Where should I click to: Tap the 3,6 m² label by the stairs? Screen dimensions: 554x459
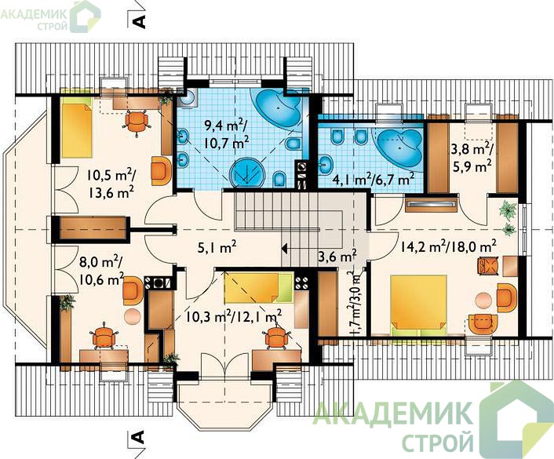pos(337,257)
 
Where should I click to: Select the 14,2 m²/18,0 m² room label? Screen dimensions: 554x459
pos(449,246)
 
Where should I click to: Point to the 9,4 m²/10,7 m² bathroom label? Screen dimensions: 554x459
pos(227,135)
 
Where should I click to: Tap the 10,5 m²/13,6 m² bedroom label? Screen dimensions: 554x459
pos(111,184)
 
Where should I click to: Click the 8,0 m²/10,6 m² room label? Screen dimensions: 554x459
pos(101,271)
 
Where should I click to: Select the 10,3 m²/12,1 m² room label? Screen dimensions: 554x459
pos(234,317)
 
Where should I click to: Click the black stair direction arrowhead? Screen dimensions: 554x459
pos(284,249)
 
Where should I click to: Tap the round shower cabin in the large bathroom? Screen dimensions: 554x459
pos(247,173)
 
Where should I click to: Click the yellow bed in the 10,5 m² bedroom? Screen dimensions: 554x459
pos(76,127)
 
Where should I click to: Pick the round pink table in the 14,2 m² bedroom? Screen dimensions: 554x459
pos(483,301)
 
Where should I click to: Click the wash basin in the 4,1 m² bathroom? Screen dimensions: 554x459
pos(326,165)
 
